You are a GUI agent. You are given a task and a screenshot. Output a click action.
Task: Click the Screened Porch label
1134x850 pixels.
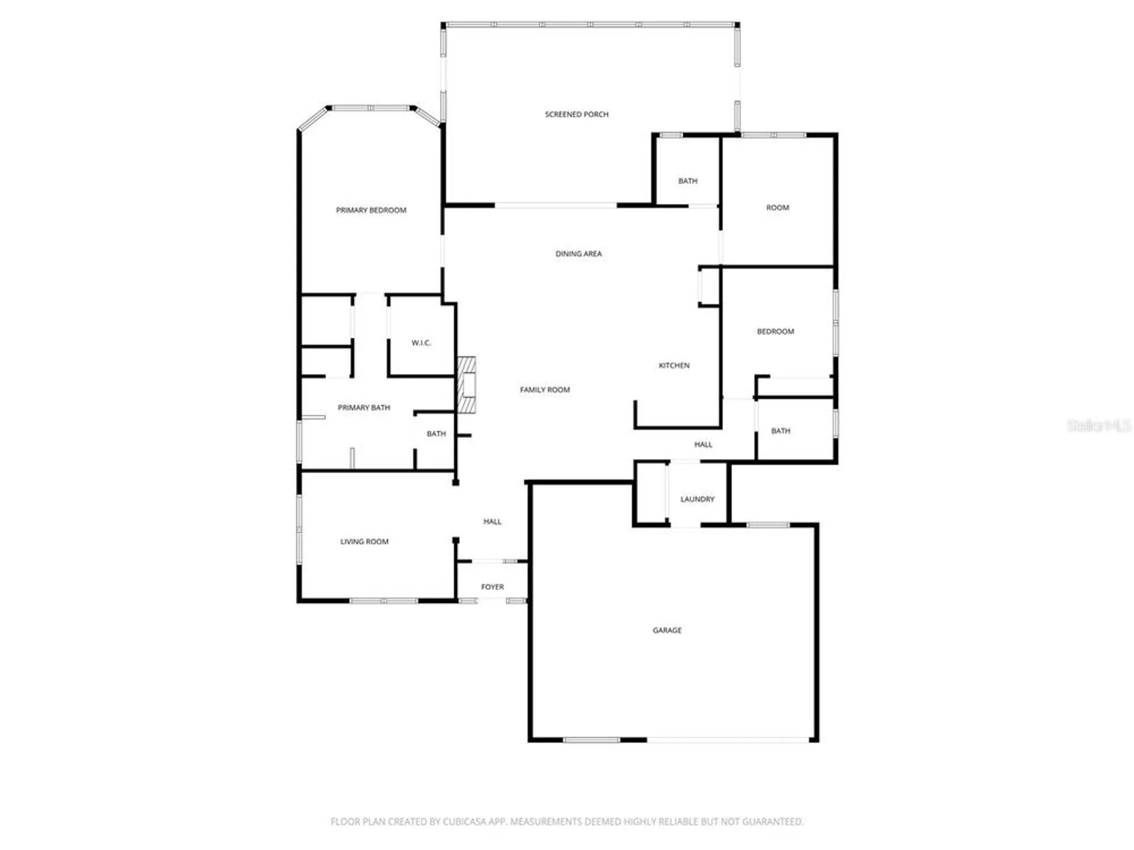(577, 114)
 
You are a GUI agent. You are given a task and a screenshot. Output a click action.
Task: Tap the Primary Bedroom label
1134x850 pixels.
(371, 210)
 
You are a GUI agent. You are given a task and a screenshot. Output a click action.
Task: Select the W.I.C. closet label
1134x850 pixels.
(421, 343)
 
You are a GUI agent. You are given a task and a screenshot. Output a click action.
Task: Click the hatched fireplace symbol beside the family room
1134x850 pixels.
(467, 385)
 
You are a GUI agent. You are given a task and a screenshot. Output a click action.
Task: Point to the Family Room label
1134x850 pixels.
(545, 390)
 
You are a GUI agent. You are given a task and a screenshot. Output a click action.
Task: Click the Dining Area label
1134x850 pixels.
(578, 254)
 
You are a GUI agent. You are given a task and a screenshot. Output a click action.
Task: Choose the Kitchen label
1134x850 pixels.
(674, 365)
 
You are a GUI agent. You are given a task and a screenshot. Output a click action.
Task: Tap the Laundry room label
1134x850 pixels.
(697, 499)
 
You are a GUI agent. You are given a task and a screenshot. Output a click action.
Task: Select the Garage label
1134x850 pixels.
(667, 630)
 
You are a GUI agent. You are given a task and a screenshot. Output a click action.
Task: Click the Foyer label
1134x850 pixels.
(492, 587)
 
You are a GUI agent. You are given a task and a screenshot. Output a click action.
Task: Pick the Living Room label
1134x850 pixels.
(364, 542)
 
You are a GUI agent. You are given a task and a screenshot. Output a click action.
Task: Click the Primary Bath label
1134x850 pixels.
(363, 407)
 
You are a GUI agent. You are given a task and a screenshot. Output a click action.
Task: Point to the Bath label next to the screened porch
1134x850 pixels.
(688, 181)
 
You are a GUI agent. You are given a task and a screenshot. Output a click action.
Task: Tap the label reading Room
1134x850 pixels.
(777, 208)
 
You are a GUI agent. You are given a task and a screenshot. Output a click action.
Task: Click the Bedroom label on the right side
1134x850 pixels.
(775, 331)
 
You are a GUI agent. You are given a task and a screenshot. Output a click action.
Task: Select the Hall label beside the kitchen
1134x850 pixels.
(703, 445)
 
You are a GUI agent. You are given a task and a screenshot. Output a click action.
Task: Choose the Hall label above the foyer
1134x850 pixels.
(492, 522)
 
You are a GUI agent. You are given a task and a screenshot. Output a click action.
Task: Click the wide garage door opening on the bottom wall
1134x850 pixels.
(728, 739)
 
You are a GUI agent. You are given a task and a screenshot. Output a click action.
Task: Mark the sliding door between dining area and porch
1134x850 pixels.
(556, 205)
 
